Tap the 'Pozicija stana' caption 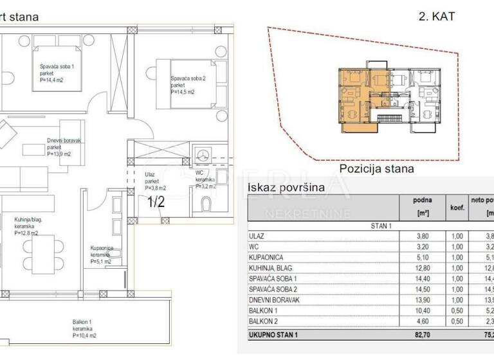(x=376, y=169)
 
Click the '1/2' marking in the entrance (x=156, y=202)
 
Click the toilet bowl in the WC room (x=206, y=205)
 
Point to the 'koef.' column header (x=457, y=208)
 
